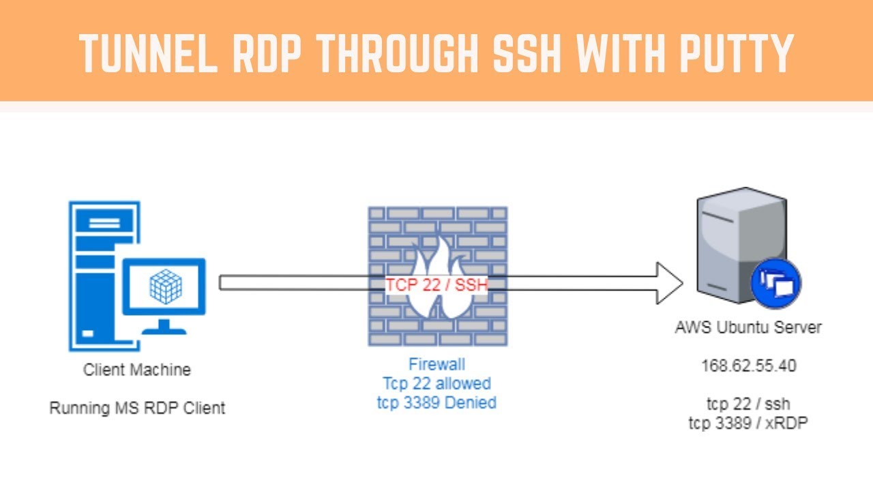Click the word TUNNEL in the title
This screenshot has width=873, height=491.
pos(148,53)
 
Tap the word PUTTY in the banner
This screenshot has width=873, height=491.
pos(736,53)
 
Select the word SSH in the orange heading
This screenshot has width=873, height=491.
pos(527,53)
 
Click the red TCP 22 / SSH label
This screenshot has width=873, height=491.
pos(436,285)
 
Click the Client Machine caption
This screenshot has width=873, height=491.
pos(137,370)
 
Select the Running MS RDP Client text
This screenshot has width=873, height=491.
pos(137,408)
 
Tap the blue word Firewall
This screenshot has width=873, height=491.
pos(436,364)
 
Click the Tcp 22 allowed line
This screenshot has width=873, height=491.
pos(436,383)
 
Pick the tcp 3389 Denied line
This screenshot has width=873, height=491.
pos(436,402)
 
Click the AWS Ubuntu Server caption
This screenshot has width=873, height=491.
pos(748,327)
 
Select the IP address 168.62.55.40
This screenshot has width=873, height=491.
pos(749,366)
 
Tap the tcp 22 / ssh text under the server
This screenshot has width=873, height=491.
pos(748,404)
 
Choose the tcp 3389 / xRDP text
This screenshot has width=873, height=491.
pos(748,423)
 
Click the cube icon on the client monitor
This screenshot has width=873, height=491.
pos(166,286)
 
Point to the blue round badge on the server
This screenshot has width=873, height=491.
pos(775,283)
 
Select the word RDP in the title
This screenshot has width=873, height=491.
pos(267,53)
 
